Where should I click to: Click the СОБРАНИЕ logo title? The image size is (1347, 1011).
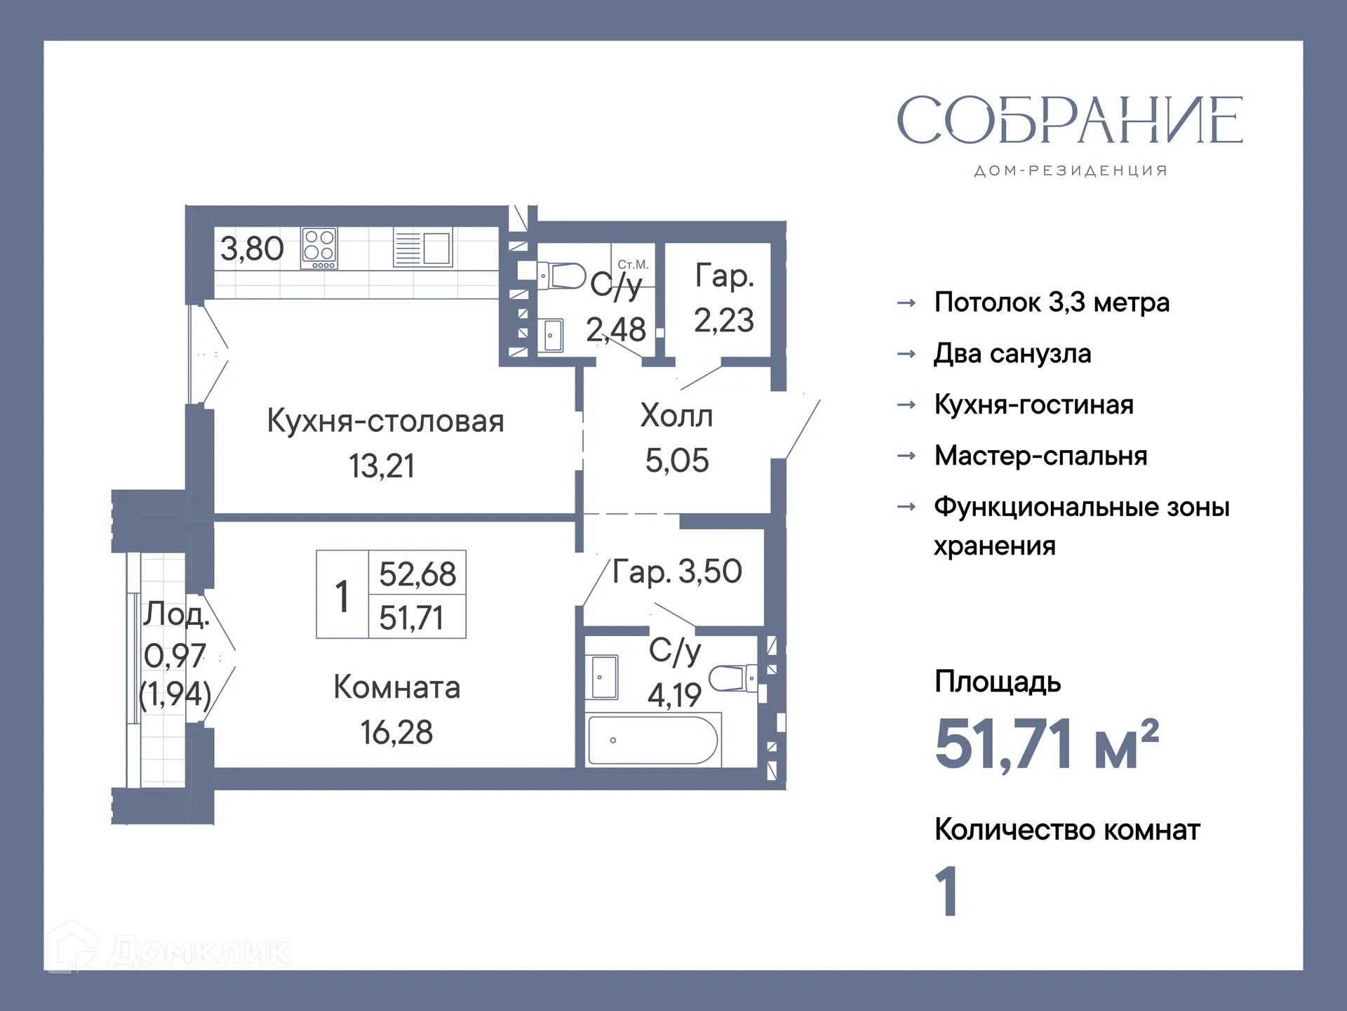coord(1069,120)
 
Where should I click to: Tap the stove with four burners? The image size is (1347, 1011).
coord(319,247)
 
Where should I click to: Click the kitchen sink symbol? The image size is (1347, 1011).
coord(423,248)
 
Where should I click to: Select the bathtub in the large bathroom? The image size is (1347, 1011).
coord(652,740)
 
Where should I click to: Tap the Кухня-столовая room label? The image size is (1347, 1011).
coord(385,421)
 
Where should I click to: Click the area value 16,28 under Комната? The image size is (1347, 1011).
coord(396,732)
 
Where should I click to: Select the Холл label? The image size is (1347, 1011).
coord(676,416)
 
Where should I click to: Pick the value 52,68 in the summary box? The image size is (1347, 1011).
coord(417,574)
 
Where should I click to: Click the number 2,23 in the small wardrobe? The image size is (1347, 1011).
coord(723,320)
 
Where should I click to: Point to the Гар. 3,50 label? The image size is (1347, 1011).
coord(676,571)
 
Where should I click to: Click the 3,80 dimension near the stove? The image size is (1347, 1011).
coord(252,249)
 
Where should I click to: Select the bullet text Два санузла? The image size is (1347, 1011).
coord(1012,354)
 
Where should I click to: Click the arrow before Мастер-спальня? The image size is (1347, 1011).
coord(906,456)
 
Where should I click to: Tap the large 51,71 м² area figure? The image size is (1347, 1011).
coord(1045,744)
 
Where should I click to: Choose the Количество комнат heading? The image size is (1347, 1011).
coord(1066,830)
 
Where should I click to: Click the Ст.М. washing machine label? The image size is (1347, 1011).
coord(633,265)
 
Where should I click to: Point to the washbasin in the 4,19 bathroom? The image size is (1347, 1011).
coord(603,678)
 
